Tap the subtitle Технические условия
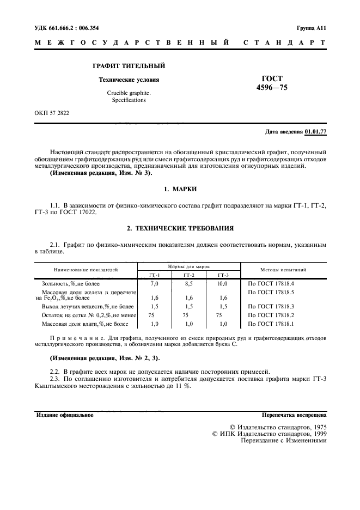pyautogui.click(x=129, y=80)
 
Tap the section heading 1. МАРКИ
pyautogui.click(x=180, y=189)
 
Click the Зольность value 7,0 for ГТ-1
pyautogui.click(x=154, y=284)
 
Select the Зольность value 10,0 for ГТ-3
pyautogui.click(x=222, y=284)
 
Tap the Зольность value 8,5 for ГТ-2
pyautogui.click(x=189, y=284)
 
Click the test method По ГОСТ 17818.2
pyautogui.click(x=271, y=315)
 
